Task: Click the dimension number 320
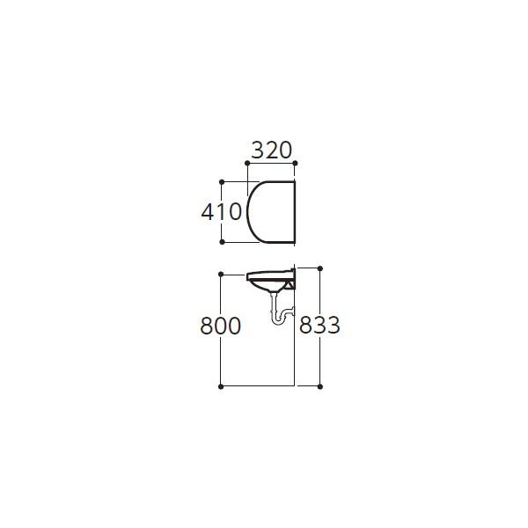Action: coord(270,150)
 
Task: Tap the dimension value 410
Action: coord(221,212)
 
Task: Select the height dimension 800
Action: coord(220,326)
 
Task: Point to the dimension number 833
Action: coord(319,326)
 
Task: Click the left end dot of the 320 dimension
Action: coord(246,164)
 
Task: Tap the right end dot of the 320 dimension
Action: coord(295,164)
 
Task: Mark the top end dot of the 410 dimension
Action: coord(221,182)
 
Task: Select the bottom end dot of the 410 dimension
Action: coord(221,241)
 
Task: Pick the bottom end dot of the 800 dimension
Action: coord(220,386)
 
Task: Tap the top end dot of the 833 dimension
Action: coord(319,268)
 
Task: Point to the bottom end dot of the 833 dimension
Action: coord(319,386)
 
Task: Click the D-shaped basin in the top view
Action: coord(271,212)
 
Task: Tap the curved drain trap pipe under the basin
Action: coord(279,312)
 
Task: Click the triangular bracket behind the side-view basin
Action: coord(290,283)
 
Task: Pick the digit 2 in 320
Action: coord(270,150)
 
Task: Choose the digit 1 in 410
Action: coord(221,212)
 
